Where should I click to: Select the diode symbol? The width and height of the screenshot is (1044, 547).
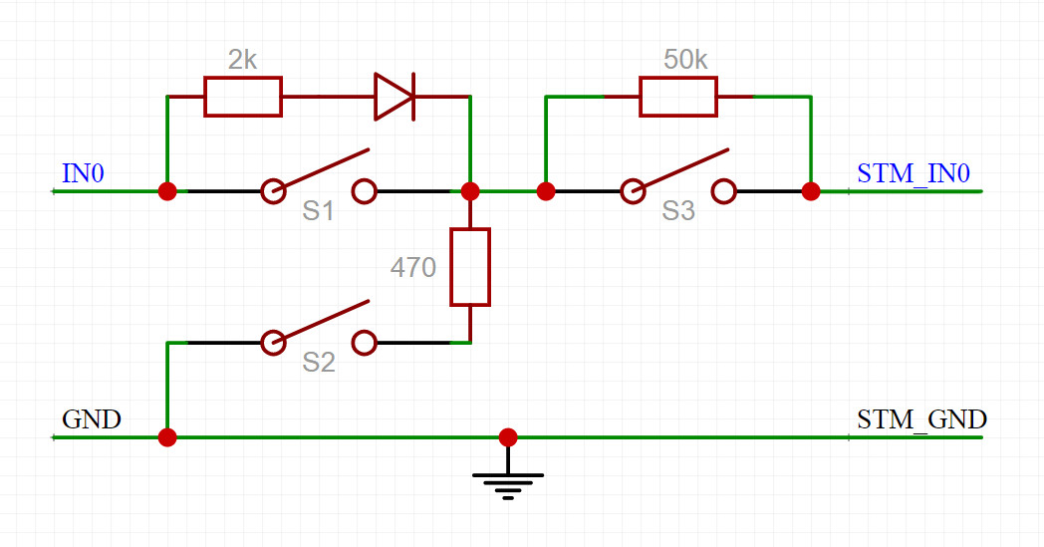tap(394, 97)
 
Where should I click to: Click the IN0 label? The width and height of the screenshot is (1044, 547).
tap(84, 173)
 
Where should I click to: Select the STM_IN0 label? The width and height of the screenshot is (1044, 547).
tap(913, 174)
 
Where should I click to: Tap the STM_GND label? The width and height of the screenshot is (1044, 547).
tap(921, 419)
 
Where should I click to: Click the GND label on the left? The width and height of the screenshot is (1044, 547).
tap(92, 419)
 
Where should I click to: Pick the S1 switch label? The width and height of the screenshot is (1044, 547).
tap(318, 211)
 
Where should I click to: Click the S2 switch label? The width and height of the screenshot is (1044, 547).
tap(318, 363)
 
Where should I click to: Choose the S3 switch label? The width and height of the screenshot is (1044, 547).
tap(678, 211)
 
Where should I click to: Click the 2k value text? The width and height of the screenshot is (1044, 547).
tap(242, 60)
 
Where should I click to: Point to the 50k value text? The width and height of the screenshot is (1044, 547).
tap(685, 60)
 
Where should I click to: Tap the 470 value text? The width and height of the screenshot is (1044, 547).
tap(412, 267)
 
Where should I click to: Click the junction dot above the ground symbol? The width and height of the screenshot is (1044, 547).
tap(508, 437)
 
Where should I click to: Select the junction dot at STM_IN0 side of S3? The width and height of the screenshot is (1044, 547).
tap(811, 192)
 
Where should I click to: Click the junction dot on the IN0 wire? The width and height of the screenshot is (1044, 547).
tap(167, 192)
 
